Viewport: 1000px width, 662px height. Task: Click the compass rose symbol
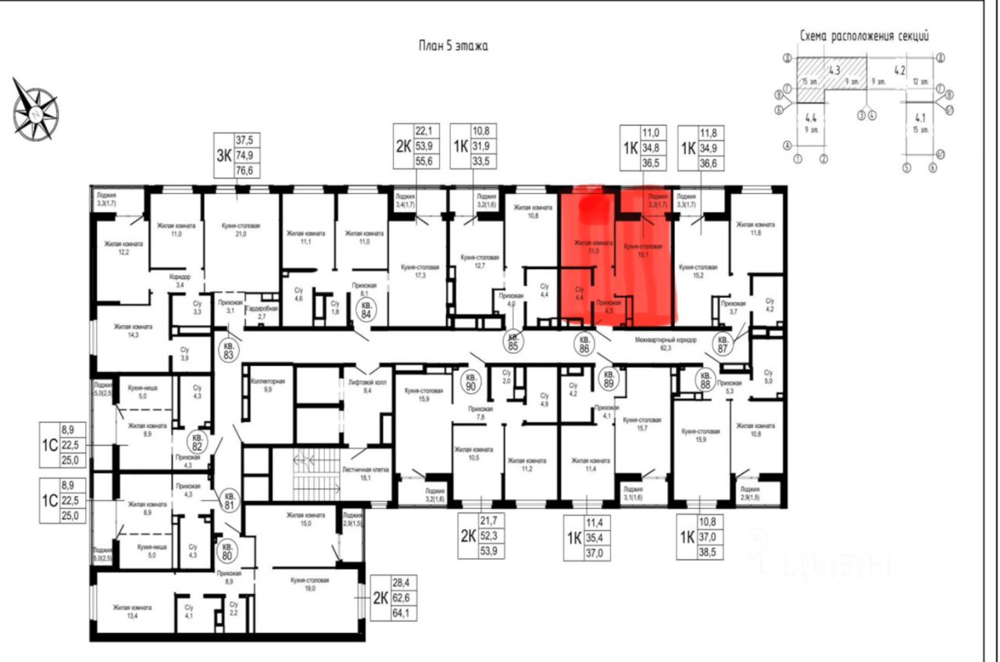[35, 109]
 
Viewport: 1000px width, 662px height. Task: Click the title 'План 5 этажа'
[453, 46]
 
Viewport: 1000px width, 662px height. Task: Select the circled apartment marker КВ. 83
[228, 349]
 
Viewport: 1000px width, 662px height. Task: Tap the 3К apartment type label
[223, 155]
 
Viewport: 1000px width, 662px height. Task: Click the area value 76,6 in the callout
[250, 170]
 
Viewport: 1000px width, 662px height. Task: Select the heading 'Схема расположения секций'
[864, 36]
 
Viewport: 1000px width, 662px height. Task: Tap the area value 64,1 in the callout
[403, 614]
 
